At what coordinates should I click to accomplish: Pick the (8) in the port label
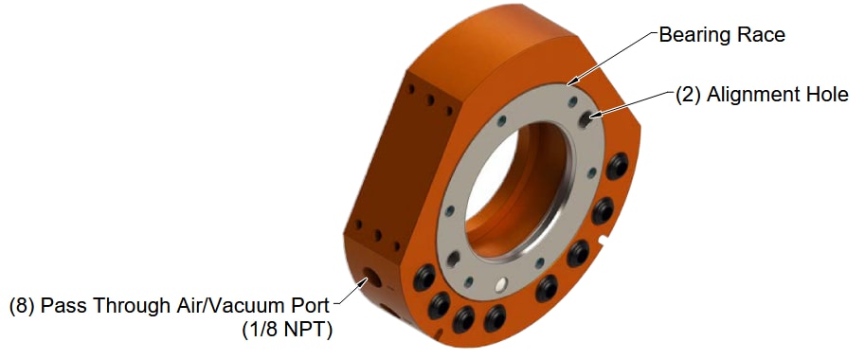23,306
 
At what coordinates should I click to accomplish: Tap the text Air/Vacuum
227,306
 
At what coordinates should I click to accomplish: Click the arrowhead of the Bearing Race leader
572,86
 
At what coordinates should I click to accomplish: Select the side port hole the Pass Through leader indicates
366,280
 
